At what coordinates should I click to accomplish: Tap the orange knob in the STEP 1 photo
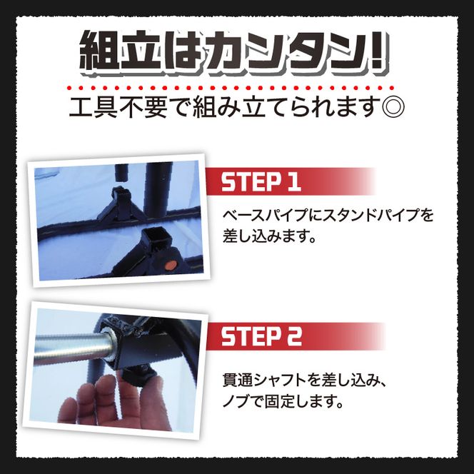pos(168,265)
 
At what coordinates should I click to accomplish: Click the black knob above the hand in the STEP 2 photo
pos(136,373)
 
